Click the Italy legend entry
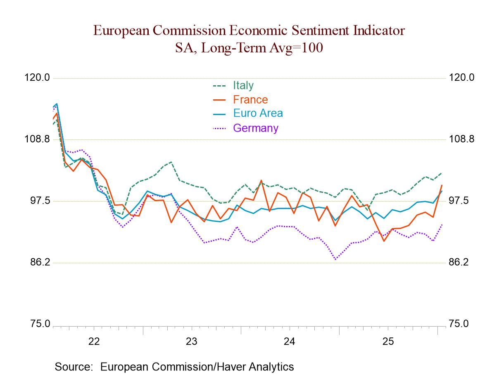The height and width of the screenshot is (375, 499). pyautogui.click(x=243, y=86)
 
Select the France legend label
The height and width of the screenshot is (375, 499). pyautogui.click(x=250, y=100)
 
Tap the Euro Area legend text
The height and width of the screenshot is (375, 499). pyautogui.click(x=258, y=113)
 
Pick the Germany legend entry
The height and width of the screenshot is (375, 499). pyautogui.click(x=255, y=128)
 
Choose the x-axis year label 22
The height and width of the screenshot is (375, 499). pyautogui.click(x=94, y=342)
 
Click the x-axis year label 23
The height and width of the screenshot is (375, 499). pyautogui.click(x=192, y=342)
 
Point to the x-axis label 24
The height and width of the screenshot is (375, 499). pyautogui.click(x=290, y=342)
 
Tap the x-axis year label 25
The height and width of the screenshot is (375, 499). pyautogui.click(x=388, y=342)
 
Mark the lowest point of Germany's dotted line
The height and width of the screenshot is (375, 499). pyautogui.click(x=335, y=260)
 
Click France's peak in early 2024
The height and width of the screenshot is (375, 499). pyautogui.click(x=261, y=180)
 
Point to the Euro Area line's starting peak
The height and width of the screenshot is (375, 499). pyautogui.click(x=57, y=104)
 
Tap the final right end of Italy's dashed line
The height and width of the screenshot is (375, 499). pyautogui.click(x=442, y=173)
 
